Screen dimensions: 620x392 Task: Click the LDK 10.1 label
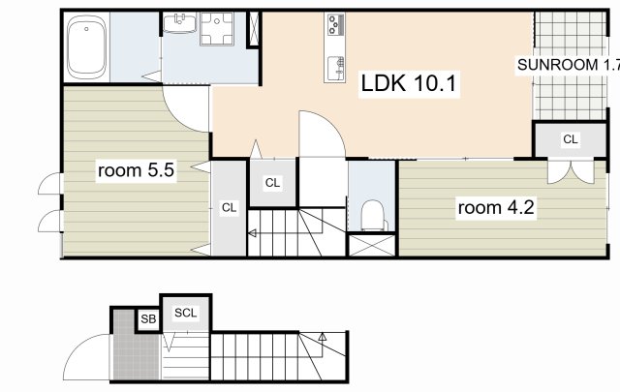[409, 83]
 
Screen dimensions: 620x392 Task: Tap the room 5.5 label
[136, 170]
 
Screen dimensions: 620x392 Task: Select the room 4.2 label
[496, 207]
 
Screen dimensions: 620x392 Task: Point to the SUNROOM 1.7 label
[569, 65]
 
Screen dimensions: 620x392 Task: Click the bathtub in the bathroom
[86, 47]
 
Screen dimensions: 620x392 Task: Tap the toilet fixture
[372, 216]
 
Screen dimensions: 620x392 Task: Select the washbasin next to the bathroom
[180, 23]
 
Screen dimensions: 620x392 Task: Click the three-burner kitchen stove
[335, 23]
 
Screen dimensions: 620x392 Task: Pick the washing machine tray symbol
[216, 28]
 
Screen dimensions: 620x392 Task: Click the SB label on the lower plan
[148, 318]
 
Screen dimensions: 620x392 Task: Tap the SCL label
[185, 313]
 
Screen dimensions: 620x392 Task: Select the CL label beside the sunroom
[571, 139]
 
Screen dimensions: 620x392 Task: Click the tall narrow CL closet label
[229, 207]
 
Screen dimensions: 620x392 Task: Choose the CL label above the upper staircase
[272, 183]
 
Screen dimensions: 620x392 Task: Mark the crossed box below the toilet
[372, 246]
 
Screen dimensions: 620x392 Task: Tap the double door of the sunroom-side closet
[571, 171]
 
